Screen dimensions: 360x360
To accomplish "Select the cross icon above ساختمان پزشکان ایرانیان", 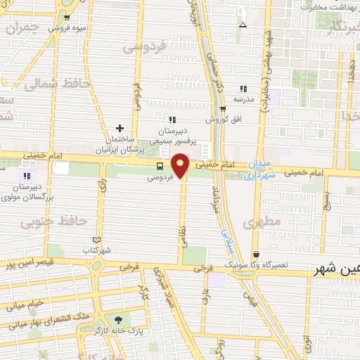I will click(120, 129).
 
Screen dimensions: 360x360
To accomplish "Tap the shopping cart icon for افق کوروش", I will click(223, 109).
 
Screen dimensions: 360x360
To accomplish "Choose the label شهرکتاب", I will click(97, 250).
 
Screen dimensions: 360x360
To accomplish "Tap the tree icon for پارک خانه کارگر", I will click(117, 319).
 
